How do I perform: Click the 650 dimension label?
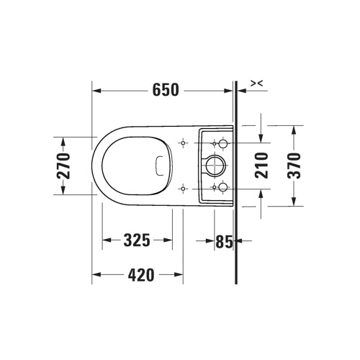(166, 90)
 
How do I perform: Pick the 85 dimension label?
(224, 241)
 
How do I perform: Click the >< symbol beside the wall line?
(257, 84)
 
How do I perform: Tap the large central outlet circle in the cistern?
(214, 166)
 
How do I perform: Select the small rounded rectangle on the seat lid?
(160, 166)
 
